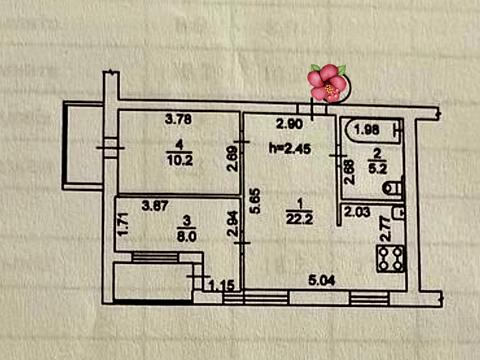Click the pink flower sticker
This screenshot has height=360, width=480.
coord(327,83)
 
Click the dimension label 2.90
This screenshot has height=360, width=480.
coord(289,124)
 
